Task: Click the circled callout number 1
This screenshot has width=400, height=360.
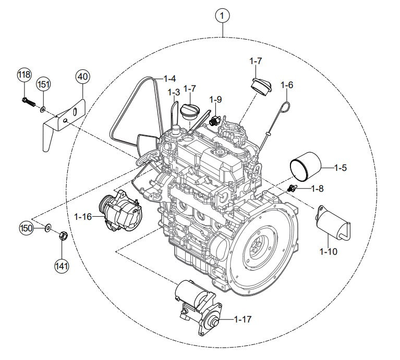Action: [x=222, y=16]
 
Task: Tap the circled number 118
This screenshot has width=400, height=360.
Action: [x=24, y=75]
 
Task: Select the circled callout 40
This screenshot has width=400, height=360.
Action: [x=83, y=76]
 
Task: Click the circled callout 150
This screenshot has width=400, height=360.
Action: [x=26, y=228]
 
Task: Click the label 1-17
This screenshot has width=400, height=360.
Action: [x=243, y=319]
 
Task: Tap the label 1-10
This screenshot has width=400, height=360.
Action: [x=329, y=252]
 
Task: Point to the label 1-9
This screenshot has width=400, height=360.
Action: [x=216, y=99]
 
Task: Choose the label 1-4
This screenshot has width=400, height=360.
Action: [x=169, y=79]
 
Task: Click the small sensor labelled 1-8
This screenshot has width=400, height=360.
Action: [x=293, y=188]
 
